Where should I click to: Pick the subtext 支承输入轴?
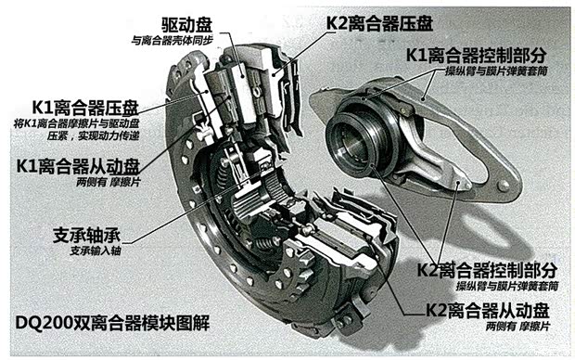pos(96,250)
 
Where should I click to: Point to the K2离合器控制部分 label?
pos(487,271)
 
